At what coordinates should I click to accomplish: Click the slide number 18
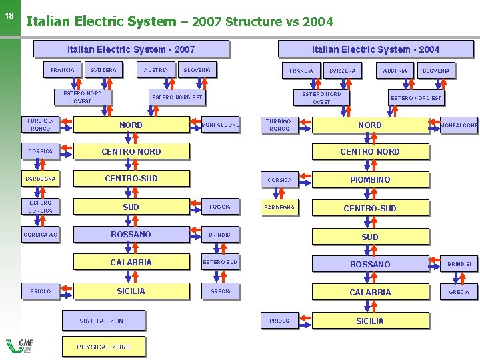[x=9, y=15]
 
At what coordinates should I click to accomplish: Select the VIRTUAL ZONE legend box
[x=103, y=321]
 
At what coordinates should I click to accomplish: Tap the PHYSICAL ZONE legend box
[x=103, y=347]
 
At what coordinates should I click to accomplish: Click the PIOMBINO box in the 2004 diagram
[x=370, y=179]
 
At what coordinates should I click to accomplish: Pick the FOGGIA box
[x=220, y=207]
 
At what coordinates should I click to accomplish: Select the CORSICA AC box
[x=41, y=235]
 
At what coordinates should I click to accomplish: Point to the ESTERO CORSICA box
[x=41, y=207]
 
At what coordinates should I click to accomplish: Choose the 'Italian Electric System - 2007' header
[x=131, y=49]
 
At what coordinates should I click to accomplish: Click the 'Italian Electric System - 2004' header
[x=375, y=49]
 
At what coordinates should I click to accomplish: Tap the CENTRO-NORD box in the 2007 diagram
[x=131, y=151]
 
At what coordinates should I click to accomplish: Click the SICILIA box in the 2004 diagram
[x=370, y=321]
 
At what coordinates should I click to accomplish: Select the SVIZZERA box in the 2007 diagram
[x=103, y=70]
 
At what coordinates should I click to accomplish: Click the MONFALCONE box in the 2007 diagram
[x=220, y=125]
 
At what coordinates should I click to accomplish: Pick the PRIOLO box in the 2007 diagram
[x=41, y=291]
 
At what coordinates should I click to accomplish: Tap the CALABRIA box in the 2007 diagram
[x=131, y=262]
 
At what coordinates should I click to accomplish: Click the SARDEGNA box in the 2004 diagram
[x=279, y=207]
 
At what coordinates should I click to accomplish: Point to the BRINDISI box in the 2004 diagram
[x=459, y=264]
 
